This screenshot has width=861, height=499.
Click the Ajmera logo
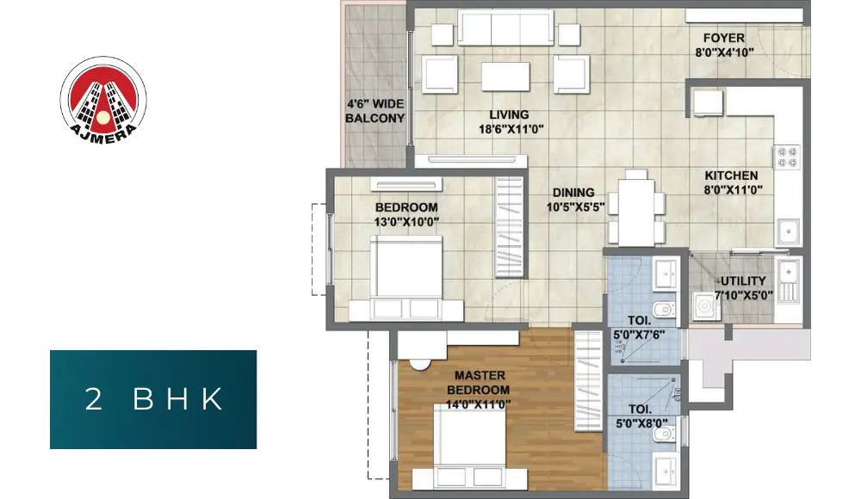(x=103, y=100)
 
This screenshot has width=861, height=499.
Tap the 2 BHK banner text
(x=154, y=399)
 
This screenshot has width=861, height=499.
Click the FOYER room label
(x=724, y=39)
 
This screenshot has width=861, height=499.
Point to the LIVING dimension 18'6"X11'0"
(x=511, y=130)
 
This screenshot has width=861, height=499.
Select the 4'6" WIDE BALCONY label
(x=375, y=111)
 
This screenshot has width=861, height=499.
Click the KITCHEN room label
(x=731, y=176)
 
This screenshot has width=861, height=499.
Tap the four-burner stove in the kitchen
(x=787, y=157)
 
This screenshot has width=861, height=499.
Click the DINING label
(x=573, y=193)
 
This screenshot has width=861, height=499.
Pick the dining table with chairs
(x=636, y=207)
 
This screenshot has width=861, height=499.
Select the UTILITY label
(x=743, y=281)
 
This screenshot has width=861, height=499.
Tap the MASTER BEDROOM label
(x=478, y=383)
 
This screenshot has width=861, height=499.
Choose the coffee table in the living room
(x=505, y=77)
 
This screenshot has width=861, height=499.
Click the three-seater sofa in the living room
(x=505, y=28)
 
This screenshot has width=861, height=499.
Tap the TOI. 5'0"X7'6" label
(x=639, y=328)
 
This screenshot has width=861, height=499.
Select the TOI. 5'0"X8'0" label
(x=641, y=416)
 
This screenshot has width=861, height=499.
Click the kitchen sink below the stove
(x=789, y=231)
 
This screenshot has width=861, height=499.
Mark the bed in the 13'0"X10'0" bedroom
(x=406, y=278)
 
